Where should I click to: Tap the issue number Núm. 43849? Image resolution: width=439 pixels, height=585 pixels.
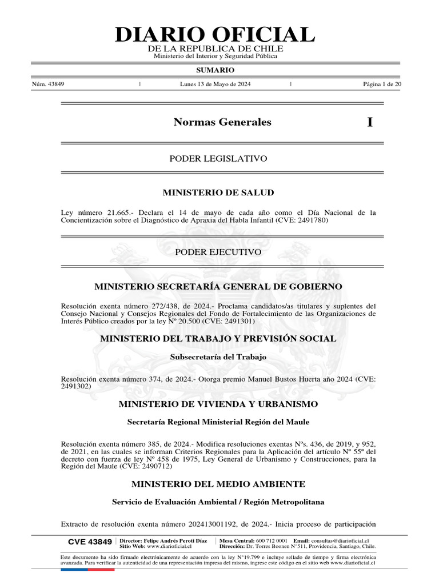48,84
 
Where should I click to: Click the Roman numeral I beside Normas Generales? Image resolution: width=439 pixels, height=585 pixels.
370,122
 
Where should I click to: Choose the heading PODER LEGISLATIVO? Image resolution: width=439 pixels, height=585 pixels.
218,158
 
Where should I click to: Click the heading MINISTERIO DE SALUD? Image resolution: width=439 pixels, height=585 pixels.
218,193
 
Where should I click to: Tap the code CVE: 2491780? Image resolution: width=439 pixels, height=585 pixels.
305,220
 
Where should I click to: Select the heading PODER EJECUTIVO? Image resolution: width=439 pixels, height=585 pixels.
218,252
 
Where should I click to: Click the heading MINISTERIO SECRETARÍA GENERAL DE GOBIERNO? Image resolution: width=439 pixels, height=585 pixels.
218,286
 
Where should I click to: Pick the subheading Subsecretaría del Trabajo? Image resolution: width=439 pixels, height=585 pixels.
218,357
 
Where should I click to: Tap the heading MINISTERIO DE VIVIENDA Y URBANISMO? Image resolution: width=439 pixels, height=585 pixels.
218,404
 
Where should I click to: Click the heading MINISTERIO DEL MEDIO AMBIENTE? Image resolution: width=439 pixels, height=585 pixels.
218,484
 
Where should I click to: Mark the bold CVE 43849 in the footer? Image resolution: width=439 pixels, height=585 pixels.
90,542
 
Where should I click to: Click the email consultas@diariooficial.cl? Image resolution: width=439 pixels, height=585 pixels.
340,540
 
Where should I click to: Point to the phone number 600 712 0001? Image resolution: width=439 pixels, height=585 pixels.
272,540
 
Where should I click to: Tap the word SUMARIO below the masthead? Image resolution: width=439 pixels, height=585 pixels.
215,70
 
